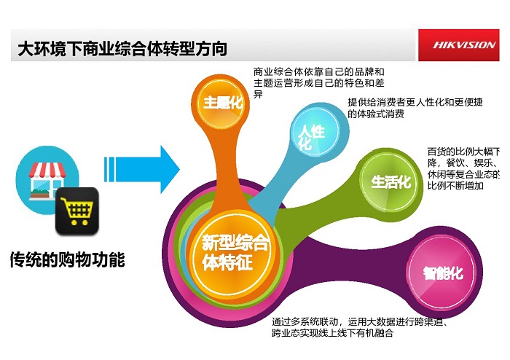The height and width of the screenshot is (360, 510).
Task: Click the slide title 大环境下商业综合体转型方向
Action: pyautogui.click(x=122, y=49)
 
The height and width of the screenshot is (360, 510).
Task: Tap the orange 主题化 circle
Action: pyautogui.click(x=221, y=103)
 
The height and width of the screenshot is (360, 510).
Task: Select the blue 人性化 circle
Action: pyautogui.click(x=314, y=131)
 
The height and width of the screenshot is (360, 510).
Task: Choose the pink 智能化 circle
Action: pyautogui.click(x=442, y=273)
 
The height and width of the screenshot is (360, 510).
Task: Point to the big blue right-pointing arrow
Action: pyautogui.click(x=142, y=169)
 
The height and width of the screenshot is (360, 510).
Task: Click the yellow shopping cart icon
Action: pyautogui.click(x=77, y=211)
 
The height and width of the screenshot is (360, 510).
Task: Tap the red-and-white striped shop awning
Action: pyautogui.click(x=47, y=170)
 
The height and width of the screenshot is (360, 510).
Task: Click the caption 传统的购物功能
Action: pyautogui.click(x=67, y=259)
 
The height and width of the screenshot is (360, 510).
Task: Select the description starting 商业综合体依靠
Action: pyautogui.click(x=319, y=82)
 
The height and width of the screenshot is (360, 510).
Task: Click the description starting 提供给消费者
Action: pyautogui.click(x=415, y=108)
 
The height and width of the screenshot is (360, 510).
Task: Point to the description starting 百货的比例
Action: pyautogui.click(x=463, y=168)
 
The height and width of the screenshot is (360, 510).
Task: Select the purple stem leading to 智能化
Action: pyautogui.click(x=351, y=257)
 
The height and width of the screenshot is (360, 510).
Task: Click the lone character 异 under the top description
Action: pyautogui.click(x=258, y=95)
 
